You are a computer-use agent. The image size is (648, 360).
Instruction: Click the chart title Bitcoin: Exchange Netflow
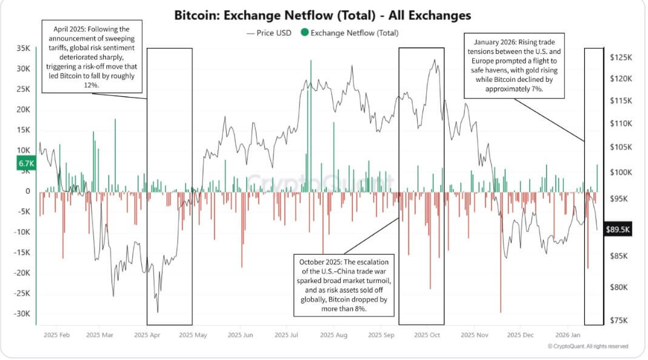coord(322,15)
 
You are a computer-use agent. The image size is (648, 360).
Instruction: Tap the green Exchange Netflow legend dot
coord(304,33)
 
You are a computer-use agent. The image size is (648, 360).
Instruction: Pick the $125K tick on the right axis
coord(621,57)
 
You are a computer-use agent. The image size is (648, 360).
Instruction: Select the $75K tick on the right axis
coord(619,321)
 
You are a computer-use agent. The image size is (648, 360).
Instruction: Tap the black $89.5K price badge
coord(618,230)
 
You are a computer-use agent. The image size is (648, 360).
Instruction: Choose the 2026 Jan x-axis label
coord(569,334)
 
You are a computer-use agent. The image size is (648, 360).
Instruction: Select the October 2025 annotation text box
coord(344,285)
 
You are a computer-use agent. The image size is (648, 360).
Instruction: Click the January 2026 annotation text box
coord(514,64)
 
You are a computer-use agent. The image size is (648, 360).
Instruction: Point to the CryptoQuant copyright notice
coord(587,346)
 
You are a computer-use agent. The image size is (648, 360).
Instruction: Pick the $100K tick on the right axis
coord(621,172)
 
